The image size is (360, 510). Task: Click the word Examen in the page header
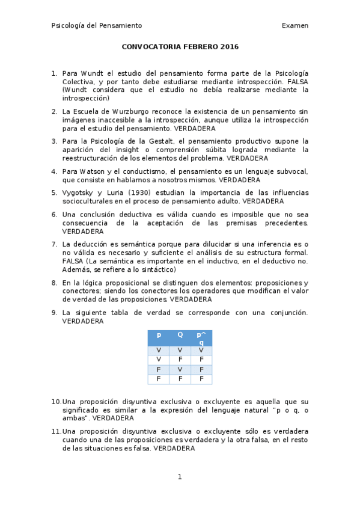295,25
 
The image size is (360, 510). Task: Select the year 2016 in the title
229,47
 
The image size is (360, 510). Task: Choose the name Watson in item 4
85,171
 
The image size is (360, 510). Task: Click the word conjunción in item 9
286,313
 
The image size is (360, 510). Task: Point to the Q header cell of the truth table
180,334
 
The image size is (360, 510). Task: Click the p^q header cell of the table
201,338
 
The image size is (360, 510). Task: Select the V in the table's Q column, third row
180,369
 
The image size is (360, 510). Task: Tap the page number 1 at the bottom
180,477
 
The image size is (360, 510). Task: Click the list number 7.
54,244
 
